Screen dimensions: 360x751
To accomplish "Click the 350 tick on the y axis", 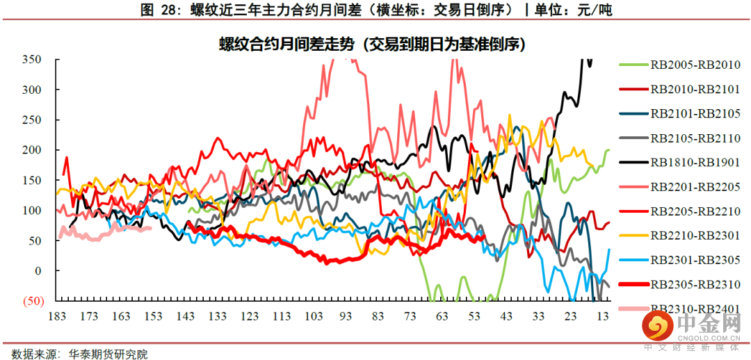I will coord(32,60).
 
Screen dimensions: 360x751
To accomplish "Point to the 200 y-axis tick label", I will coord(32,150).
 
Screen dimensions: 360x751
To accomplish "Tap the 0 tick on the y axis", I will coord(38,271).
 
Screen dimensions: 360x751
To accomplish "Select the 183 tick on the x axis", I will coord(57,317).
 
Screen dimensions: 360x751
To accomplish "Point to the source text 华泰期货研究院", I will coord(108,354).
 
